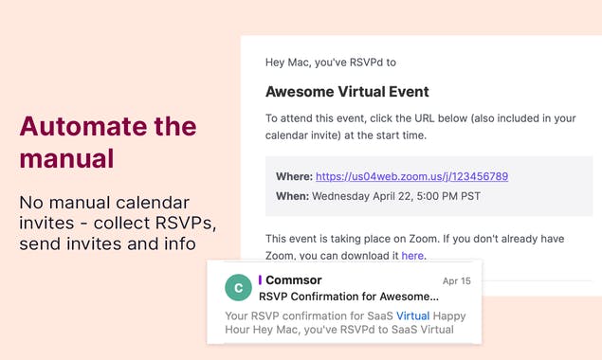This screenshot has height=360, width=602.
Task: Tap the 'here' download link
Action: (412, 256)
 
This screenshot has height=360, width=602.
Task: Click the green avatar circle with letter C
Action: (237, 289)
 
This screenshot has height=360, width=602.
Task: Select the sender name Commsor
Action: (294, 280)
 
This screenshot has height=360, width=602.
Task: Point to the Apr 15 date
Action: (456, 281)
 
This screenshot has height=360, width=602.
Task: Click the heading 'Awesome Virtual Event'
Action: (347, 92)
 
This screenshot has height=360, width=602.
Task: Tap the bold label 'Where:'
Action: (293, 176)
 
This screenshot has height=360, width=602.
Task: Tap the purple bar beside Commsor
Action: (260, 280)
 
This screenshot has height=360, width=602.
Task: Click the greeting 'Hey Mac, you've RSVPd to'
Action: (331, 63)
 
